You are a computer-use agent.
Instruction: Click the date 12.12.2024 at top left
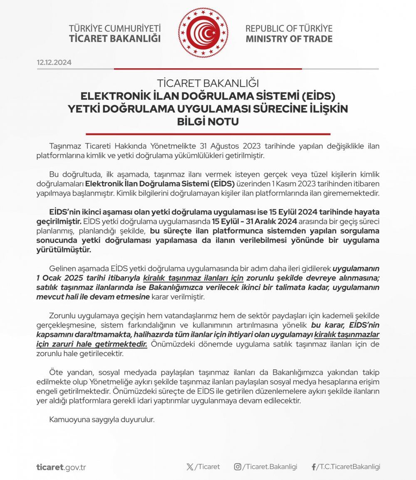pyautogui.click(x=54, y=62)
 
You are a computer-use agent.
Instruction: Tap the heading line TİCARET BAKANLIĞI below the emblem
pyautogui.click(x=208, y=83)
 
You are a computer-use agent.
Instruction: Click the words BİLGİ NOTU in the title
pyautogui.click(x=208, y=122)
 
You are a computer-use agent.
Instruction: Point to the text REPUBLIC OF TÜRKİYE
pyautogui.click(x=289, y=29)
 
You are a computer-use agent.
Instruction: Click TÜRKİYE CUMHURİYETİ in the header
pyautogui.click(x=115, y=29)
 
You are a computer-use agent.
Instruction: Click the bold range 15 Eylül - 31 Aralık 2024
pyautogui.click(x=250, y=220)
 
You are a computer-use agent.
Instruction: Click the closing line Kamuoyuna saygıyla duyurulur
pyautogui.click(x=102, y=419)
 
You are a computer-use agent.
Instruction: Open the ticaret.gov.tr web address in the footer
pyautogui.click(x=61, y=467)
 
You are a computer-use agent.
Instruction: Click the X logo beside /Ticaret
pyautogui.click(x=190, y=467)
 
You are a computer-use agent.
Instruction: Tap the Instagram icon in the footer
pyautogui.click(x=238, y=467)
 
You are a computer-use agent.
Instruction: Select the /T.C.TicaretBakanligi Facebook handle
pyautogui.click(x=349, y=467)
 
